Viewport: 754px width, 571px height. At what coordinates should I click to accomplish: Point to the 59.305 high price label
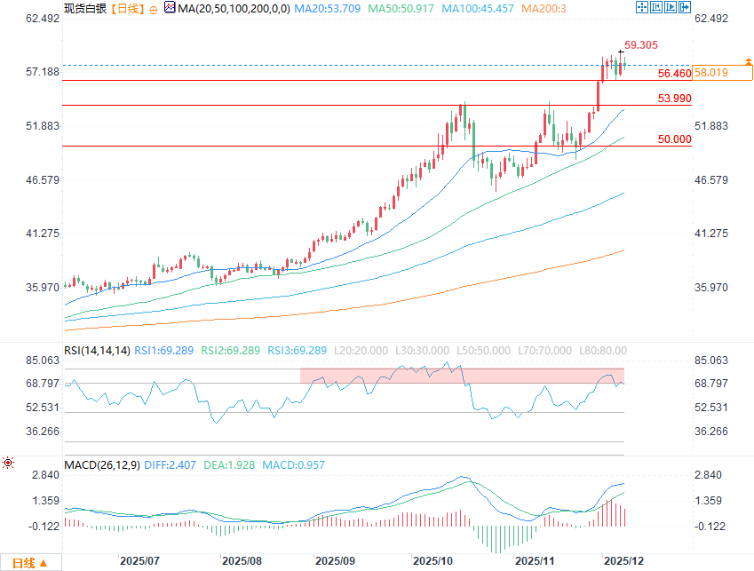[x=641, y=44]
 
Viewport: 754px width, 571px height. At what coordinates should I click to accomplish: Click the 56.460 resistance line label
[x=674, y=73]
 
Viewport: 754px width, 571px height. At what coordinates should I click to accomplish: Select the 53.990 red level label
[x=674, y=98]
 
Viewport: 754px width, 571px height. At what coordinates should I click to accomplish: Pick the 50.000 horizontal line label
[x=674, y=139]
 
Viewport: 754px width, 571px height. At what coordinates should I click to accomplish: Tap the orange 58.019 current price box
[x=711, y=73]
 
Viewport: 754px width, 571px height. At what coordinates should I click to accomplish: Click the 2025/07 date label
[x=139, y=561]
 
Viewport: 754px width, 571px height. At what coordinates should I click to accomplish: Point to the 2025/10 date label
[x=433, y=561]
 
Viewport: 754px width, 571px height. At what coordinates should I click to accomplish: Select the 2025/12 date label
[x=624, y=561]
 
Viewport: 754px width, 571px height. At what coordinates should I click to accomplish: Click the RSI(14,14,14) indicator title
[x=97, y=350]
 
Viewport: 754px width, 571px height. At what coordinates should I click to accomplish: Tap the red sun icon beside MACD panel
[x=8, y=463]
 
